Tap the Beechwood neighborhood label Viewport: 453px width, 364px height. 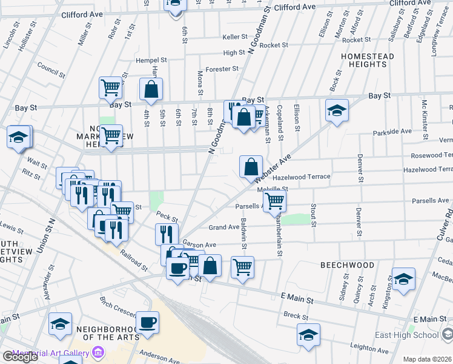pos(347,266)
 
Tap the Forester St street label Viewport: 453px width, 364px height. pos(222,69)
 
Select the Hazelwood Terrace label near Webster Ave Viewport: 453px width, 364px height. pos(301,177)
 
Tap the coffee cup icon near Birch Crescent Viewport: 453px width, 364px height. pos(147,322)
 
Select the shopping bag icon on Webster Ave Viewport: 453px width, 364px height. pos(251,166)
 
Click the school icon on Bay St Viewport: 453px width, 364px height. pos(337,110)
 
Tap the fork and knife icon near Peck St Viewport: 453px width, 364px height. pos(166,234)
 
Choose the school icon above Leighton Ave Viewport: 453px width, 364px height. pos(308,334)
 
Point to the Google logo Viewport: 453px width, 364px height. pos(20,357)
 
